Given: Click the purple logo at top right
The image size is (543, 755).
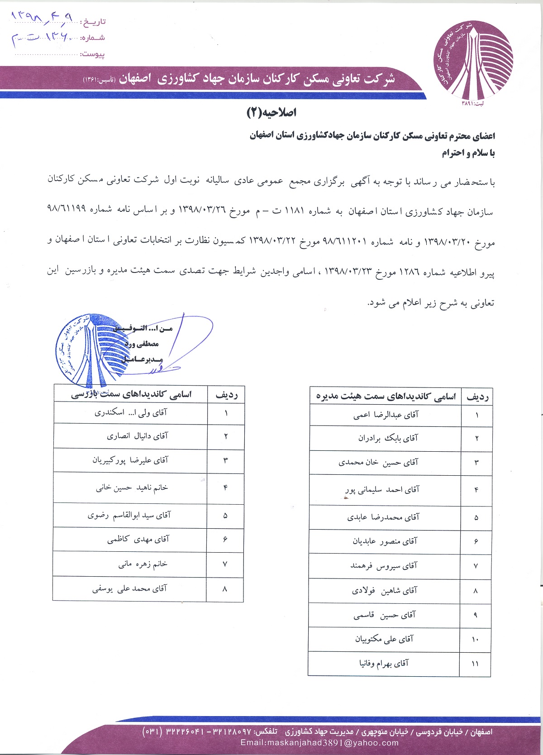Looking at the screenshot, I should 473,59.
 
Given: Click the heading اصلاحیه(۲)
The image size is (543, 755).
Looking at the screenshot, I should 271,113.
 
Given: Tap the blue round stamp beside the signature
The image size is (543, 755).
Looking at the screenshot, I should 84,349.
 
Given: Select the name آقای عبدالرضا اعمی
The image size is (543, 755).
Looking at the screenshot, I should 386,415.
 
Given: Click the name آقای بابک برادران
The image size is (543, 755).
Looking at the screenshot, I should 388,438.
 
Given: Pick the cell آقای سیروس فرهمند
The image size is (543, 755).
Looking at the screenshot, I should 384,566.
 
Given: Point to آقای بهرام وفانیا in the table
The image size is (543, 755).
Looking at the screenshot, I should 384,664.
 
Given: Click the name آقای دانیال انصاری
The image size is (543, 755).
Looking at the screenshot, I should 137,436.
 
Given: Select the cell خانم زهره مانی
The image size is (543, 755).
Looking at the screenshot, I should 143,564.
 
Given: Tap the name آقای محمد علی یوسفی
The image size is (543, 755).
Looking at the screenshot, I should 129,588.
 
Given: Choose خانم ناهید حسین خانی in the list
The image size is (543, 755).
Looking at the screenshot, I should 132,487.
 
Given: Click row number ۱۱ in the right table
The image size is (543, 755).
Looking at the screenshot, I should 475,664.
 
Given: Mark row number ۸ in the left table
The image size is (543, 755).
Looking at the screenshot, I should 225,589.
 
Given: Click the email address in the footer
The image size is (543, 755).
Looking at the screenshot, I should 319,743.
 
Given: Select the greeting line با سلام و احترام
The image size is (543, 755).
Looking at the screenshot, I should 468,153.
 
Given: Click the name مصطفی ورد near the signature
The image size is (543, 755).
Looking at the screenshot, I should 142,344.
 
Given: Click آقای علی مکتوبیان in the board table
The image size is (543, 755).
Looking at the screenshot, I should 384,639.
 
